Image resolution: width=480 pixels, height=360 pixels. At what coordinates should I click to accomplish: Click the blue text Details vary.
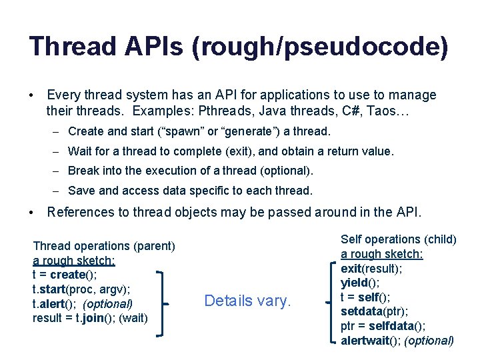click(247, 301)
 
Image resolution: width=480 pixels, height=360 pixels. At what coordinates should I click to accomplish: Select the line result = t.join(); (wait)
click(90, 317)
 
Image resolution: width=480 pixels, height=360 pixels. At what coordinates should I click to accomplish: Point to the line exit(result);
click(372, 268)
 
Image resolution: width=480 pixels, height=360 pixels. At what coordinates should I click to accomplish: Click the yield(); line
click(359, 283)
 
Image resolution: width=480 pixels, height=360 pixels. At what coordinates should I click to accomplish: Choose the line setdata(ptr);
click(373, 311)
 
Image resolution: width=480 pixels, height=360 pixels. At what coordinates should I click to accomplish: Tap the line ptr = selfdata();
click(383, 326)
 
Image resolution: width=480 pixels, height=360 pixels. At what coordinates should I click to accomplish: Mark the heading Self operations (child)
click(398, 239)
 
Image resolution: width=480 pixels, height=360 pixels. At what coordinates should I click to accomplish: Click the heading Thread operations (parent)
click(103, 246)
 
